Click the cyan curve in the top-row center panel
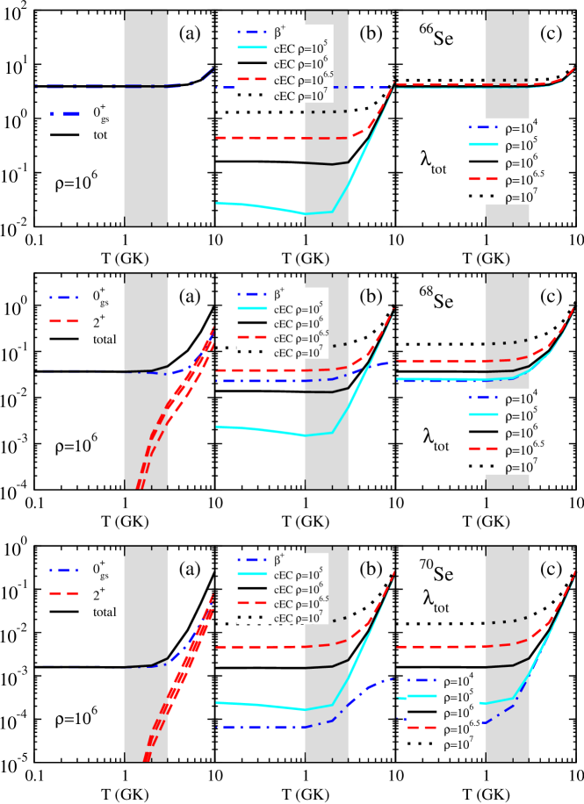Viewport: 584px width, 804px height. click(x=263, y=207)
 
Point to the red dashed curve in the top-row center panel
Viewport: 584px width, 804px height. click(x=263, y=138)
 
